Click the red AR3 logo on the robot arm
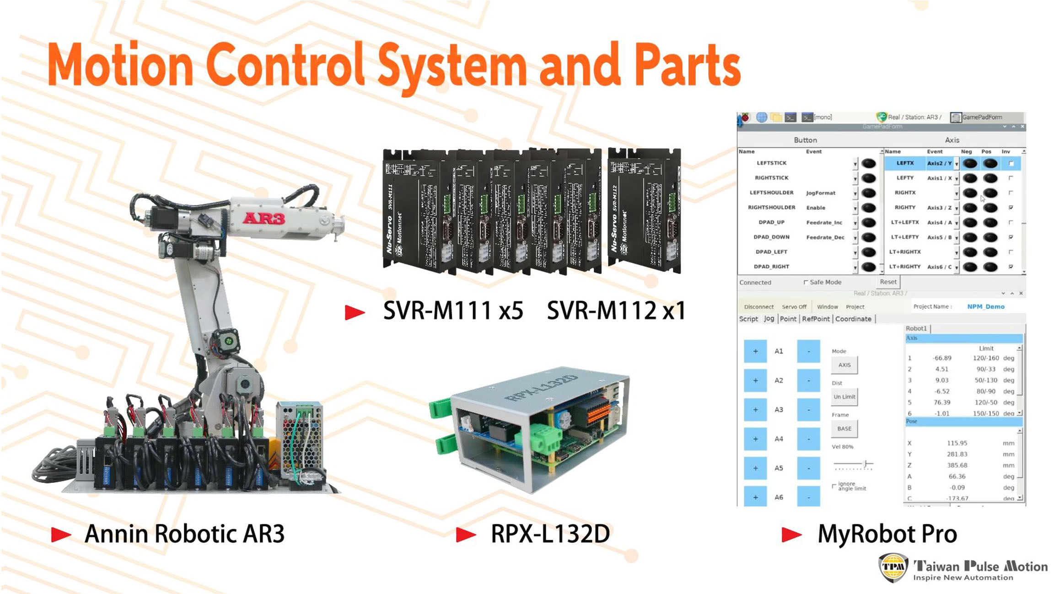point(263,218)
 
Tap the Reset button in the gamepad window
point(888,282)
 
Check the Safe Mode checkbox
point(806,282)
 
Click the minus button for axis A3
point(808,410)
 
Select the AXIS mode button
point(844,365)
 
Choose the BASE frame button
point(844,428)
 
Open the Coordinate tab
point(853,319)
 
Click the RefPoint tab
point(816,319)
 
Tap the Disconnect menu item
point(758,307)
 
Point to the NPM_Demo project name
point(986,306)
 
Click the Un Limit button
point(844,396)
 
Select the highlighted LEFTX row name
point(905,163)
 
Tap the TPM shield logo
point(893,567)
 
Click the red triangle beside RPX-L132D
point(466,534)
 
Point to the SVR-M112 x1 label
point(616,311)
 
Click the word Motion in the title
point(120,65)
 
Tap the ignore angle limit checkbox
point(834,486)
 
